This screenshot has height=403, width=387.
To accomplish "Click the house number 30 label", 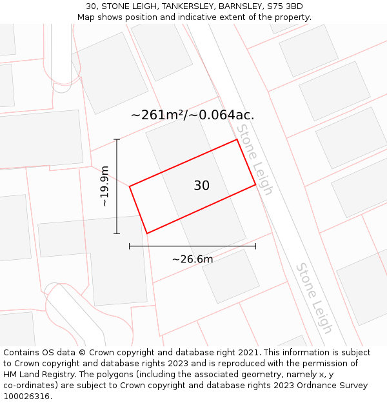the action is click(201, 186).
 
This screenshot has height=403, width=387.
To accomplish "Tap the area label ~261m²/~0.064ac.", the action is click(192, 115).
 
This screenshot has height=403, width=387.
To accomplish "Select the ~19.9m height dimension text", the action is click(105, 186).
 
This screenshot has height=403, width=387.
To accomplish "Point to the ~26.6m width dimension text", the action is click(192, 259).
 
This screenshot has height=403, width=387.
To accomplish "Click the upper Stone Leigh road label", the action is click(254, 159).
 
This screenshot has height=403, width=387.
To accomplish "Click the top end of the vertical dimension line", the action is click(117, 139).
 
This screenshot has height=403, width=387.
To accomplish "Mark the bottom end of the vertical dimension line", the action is click(117, 233).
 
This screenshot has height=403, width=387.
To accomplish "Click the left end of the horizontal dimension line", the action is click(130, 246).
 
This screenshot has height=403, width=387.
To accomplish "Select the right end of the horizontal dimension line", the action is click(255, 246).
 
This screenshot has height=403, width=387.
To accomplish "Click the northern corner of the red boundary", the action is click(237, 139).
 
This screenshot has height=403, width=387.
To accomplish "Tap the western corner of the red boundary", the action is click(130, 186).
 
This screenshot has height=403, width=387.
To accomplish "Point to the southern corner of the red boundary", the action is click(147, 233).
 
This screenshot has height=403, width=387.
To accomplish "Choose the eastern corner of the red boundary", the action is click(255, 185).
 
